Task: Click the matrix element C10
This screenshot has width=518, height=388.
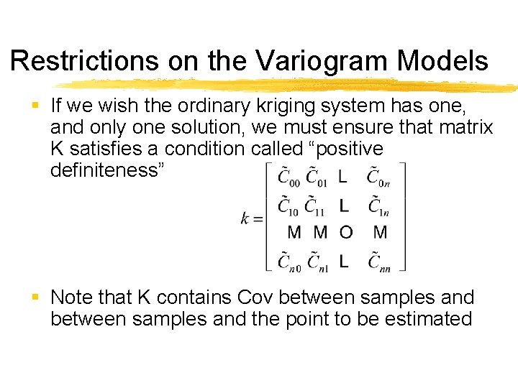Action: [289, 207]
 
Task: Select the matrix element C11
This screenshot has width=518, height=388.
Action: [316, 207]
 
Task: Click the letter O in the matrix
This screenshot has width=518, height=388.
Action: [346, 232]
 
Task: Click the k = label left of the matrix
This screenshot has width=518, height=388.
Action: [250, 218]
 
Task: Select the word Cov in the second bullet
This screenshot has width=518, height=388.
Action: [256, 297]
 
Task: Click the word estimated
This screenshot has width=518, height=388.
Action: [427, 319]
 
